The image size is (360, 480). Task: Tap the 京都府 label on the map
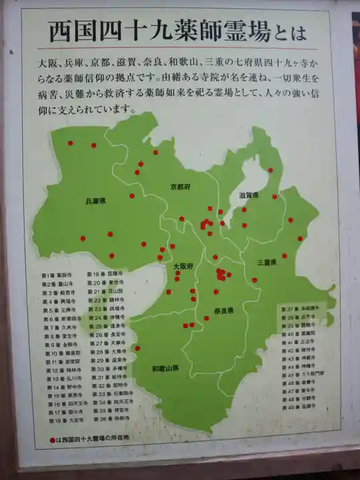click(180, 187)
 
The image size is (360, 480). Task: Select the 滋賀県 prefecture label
click(249, 195)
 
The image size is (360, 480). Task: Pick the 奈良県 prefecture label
click(224, 311)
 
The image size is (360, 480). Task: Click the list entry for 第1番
click(57, 275)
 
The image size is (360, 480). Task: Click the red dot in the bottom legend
click(52, 440)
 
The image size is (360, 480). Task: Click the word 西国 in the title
click(66, 31)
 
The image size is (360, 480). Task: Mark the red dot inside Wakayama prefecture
click(137, 348)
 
